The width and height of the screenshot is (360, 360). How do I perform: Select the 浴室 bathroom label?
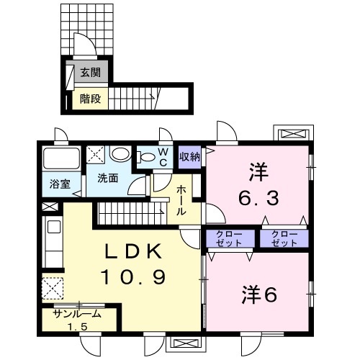60,183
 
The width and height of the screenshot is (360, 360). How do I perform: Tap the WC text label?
163,158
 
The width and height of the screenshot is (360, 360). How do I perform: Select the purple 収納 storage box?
190,156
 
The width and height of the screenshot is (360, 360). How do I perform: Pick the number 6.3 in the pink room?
258,195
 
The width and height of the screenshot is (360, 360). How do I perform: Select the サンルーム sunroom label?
76,314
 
